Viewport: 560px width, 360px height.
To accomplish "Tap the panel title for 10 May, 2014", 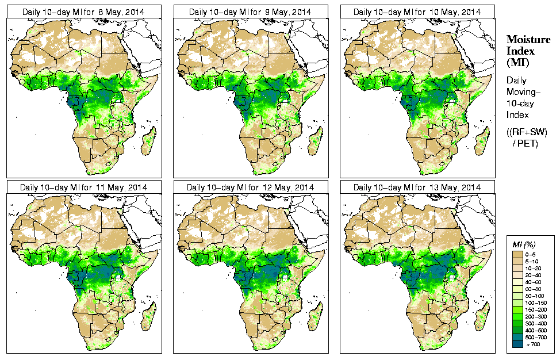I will click(x=417, y=12).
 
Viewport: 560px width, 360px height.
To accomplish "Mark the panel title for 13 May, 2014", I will click(x=417, y=187).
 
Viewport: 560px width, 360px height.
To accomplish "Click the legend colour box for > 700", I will click(x=517, y=343).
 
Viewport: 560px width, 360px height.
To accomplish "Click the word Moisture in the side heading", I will click(x=528, y=39).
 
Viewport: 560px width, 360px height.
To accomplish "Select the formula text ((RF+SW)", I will click(x=528, y=132).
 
